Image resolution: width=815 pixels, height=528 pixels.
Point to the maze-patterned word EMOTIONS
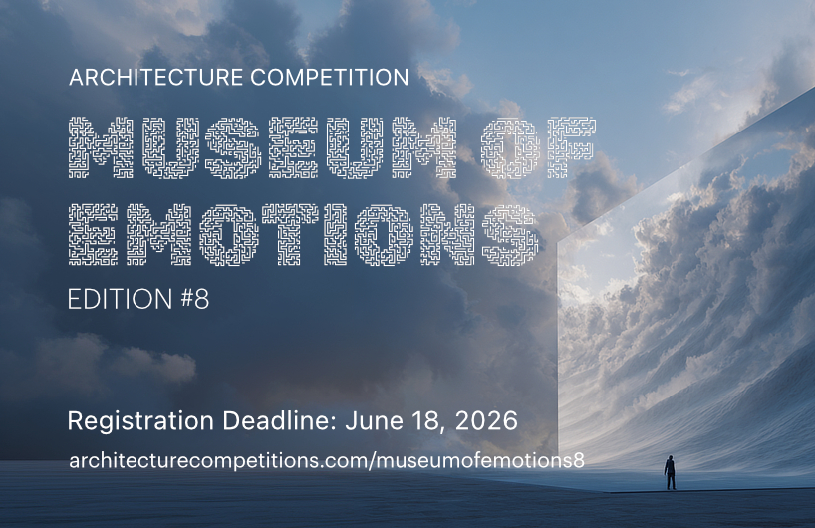pyautogui.click(x=303, y=234)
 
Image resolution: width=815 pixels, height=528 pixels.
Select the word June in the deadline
pyautogui.click(x=376, y=420)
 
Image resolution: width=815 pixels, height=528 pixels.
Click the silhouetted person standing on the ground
pyautogui.click(x=670, y=473)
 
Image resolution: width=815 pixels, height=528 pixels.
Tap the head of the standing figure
pyautogui.click(x=670, y=459)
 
